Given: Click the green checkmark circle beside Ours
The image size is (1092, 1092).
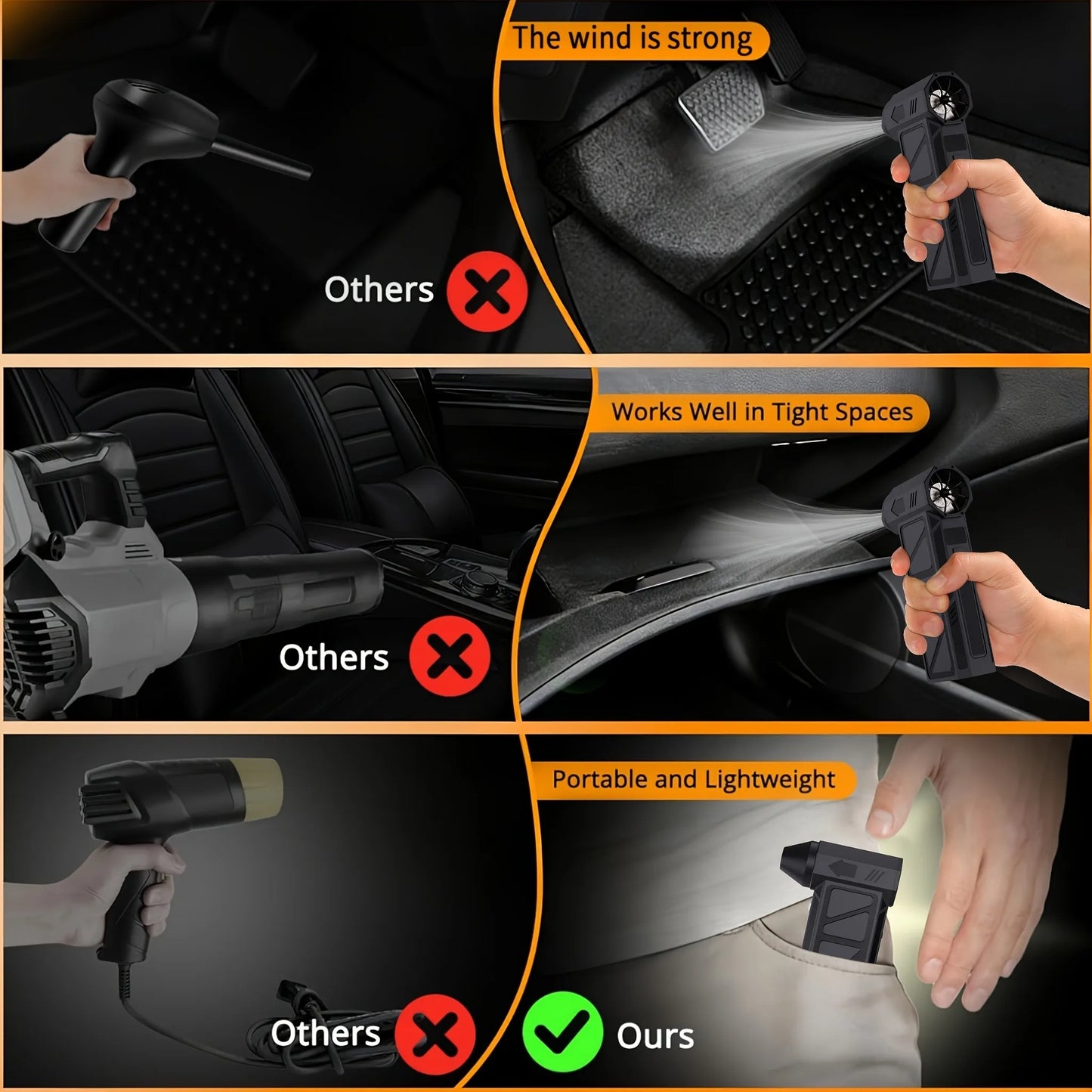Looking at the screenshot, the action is [x=562, y=1032].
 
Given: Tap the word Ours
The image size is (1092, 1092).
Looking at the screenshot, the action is [x=655, y=1036].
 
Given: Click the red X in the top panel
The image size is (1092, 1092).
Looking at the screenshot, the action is [x=487, y=291].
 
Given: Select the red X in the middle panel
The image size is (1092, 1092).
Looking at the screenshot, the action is [x=450, y=656].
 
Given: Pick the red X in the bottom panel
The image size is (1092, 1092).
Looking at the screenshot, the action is [x=435, y=1034].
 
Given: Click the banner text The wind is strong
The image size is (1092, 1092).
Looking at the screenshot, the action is [x=633, y=39].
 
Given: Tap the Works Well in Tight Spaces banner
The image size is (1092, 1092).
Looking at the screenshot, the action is [x=763, y=412].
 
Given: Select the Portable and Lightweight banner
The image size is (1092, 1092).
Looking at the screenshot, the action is [x=694, y=779].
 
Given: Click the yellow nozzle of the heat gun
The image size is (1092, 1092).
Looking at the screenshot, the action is [x=261, y=788].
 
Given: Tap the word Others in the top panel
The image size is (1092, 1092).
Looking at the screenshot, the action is [x=379, y=289].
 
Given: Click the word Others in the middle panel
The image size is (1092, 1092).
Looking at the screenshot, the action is [x=334, y=657].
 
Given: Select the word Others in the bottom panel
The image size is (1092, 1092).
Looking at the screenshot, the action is [x=325, y=1033].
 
